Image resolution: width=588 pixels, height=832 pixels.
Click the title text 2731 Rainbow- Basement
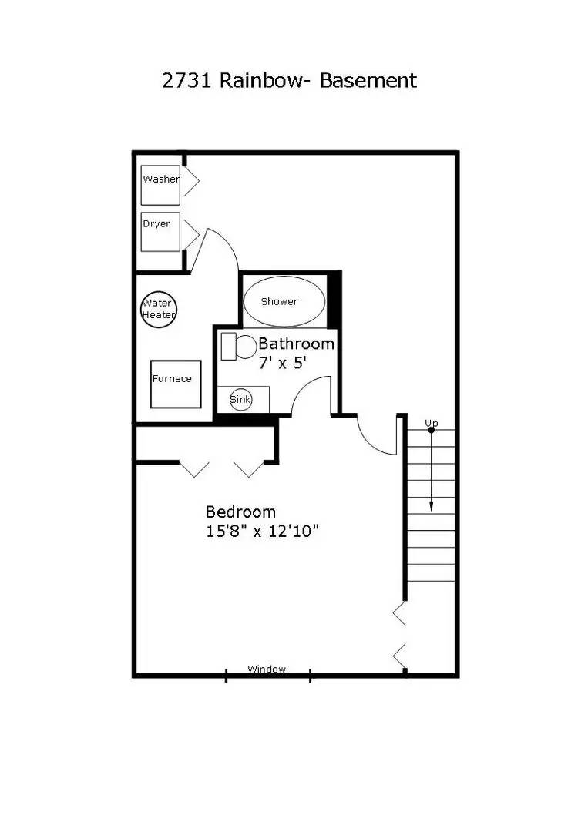(x=289, y=80)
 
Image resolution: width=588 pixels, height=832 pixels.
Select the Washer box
(x=160, y=185)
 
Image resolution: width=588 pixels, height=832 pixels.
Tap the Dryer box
(x=160, y=231)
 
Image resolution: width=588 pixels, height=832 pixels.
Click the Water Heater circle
(x=158, y=309)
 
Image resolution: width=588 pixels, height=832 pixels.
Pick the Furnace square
(x=176, y=384)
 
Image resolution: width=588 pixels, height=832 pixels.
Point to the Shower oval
(x=284, y=301)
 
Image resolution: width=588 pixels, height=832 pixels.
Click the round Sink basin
(x=241, y=399)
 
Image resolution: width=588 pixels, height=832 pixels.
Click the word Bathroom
(x=296, y=344)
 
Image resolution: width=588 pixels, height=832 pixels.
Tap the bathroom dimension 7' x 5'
(x=283, y=363)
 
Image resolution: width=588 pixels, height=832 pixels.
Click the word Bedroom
(x=240, y=512)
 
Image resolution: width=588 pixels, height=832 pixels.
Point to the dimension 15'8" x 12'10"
(x=262, y=531)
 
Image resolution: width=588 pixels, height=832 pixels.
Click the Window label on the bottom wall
(x=267, y=669)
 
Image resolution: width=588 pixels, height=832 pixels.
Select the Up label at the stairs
(x=432, y=423)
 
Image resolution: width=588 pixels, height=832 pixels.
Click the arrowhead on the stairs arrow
(x=431, y=506)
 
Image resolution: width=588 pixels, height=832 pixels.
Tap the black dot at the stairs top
(x=431, y=430)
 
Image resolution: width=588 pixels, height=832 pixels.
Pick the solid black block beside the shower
(x=334, y=300)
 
